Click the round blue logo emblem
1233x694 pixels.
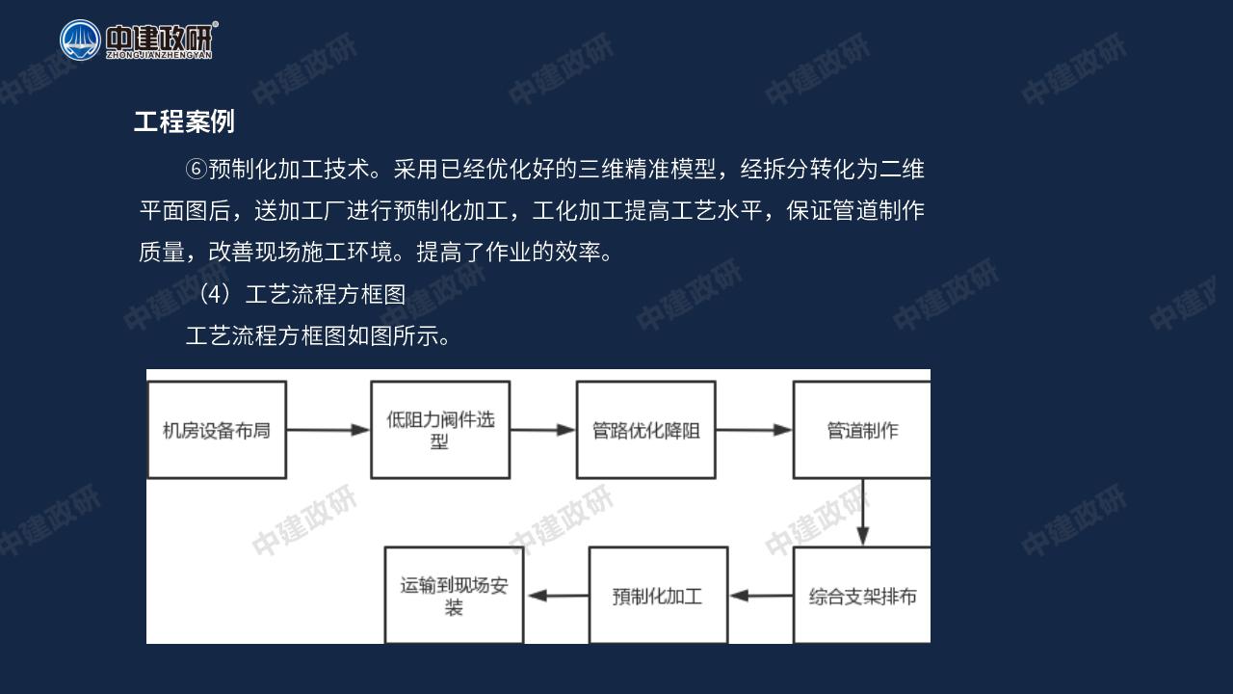pyautogui.click(x=80, y=40)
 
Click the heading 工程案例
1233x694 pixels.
pyautogui.click(x=184, y=121)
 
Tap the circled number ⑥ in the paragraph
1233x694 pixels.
pyautogui.click(x=196, y=169)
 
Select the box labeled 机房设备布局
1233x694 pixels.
pyautogui.click(x=217, y=430)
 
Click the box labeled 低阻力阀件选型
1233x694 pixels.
pyautogui.click(x=440, y=430)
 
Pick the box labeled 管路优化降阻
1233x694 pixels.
pyautogui.click(x=646, y=430)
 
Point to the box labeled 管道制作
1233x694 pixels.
pyautogui.click(x=862, y=430)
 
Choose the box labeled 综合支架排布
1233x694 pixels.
pyautogui.click(x=862, y=596)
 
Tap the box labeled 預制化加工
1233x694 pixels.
pyautogui.click(x=658, y=596)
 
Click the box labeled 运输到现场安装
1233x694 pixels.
pyautogui.click(x=454, y=596)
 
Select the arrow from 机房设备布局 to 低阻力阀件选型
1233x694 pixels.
pyautogui.click(x=328, y=430)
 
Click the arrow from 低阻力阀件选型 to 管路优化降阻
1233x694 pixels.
pyautogui.click(x=543, y=430)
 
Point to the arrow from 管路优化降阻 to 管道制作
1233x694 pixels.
pyautogui.click(x=754, y=430)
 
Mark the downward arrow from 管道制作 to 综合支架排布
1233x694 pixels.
pyautogui.click(x=862, y=512)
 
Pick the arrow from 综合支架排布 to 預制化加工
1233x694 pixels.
pyautogui.click(x=761, y=596)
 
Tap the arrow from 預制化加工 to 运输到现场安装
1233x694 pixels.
pyautogui.click(x=558, y=596)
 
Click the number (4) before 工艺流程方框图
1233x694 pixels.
pyautogui.click(x=215, y=294)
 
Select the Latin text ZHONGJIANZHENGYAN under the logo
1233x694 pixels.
pyautogui.click(x=159, y=55)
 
